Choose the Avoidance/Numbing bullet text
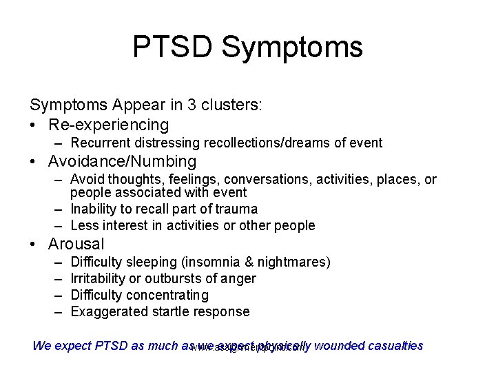click(x=122, y=162)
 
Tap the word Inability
click(x=92, y=209)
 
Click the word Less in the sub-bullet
click(x=84, y=225)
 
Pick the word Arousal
click(x=76, y=244)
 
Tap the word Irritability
click(x=99, y=278)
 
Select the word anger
click(x=238, y=278)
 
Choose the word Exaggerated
click(x=105, y=311)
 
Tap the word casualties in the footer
click(x=393, y=346)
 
